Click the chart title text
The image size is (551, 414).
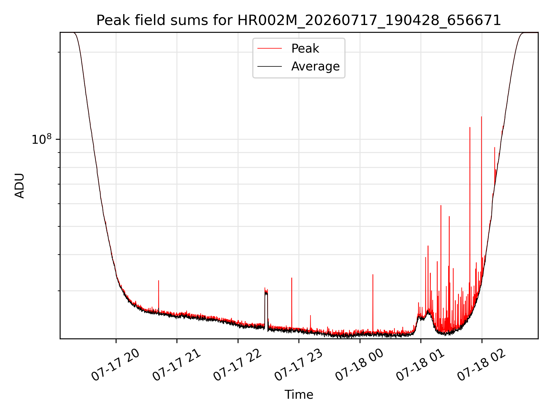point(299,20)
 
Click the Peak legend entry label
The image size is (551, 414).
point(305,48)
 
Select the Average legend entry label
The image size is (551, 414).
point(315,66)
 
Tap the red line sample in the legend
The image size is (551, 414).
point(270,49)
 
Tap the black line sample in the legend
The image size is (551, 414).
point(270,66)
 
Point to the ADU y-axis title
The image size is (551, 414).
point(20,186)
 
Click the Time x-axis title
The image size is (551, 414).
point(299,395)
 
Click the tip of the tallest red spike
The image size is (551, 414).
point(482,117)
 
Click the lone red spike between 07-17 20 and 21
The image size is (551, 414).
point(158,281)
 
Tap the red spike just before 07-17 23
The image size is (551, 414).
point(292,278)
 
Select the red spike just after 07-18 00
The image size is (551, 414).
point(373,275)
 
